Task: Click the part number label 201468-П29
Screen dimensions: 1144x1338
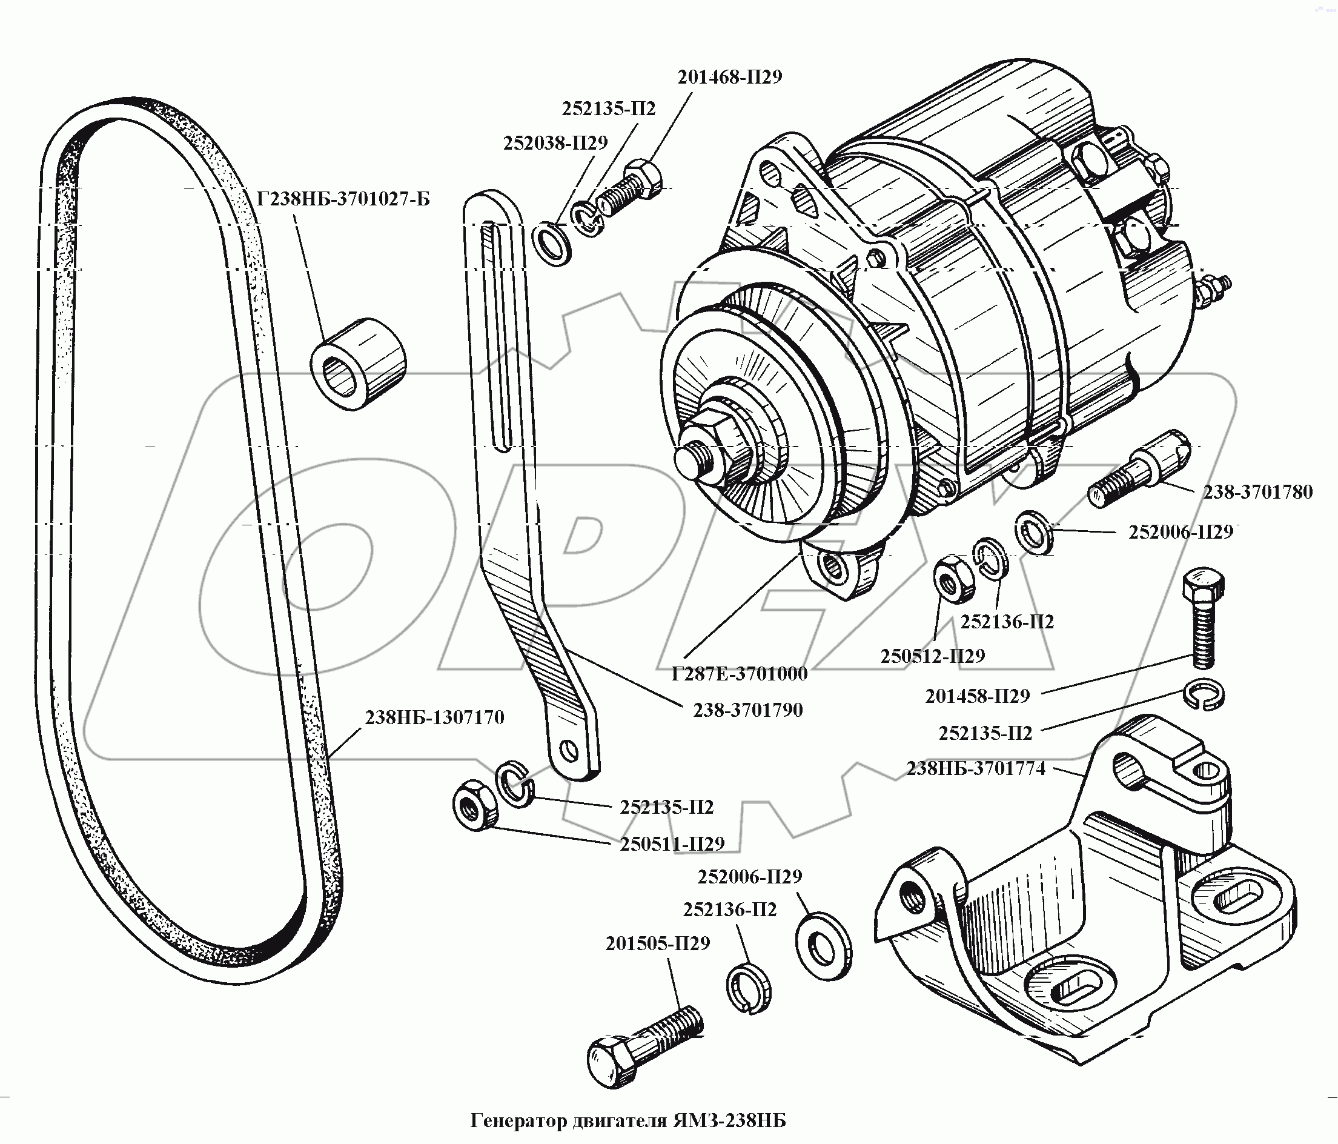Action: pyautogui.click(x=729, y=78)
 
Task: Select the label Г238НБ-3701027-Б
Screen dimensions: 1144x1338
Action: pyautogui.click(x=343, y=198)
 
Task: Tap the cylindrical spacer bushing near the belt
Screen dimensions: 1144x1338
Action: pyautogui.click(x=359, y=365)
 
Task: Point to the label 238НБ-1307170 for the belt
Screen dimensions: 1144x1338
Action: pyautogui.click(x=434, y=717)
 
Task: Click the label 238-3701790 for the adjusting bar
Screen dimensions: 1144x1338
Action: pyautogui.click(x=748, y=711)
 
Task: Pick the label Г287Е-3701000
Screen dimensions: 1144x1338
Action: pyautogui.click(x=739, y=674)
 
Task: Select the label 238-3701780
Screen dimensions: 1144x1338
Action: pyautogui.click(x=1257, y=492)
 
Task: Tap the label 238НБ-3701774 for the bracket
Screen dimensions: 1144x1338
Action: pyautogui.click(x=975, y=769)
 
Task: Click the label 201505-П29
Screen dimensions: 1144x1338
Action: pyautogui.click(x=657, y=944)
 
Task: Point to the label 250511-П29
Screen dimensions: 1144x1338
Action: pyautogui.click(x=672, y=844)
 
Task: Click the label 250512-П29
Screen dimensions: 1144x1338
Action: pyautogui.click(x=932, y=656)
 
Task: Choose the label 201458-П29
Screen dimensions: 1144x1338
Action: pyautogui.click(x=977, y=696)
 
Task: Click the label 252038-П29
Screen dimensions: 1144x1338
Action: pyautogui.click(x=555, y=143)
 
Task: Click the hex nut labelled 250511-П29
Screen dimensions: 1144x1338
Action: pyautogui.click(x=475, y=805)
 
